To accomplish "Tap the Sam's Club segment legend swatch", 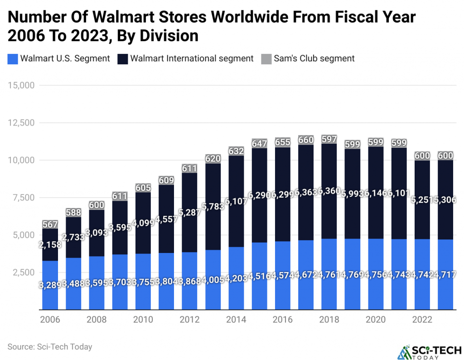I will [x=266, y=58].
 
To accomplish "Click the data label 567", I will [x=50, y=224].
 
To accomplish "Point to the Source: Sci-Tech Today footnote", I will [x=50, y=347].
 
